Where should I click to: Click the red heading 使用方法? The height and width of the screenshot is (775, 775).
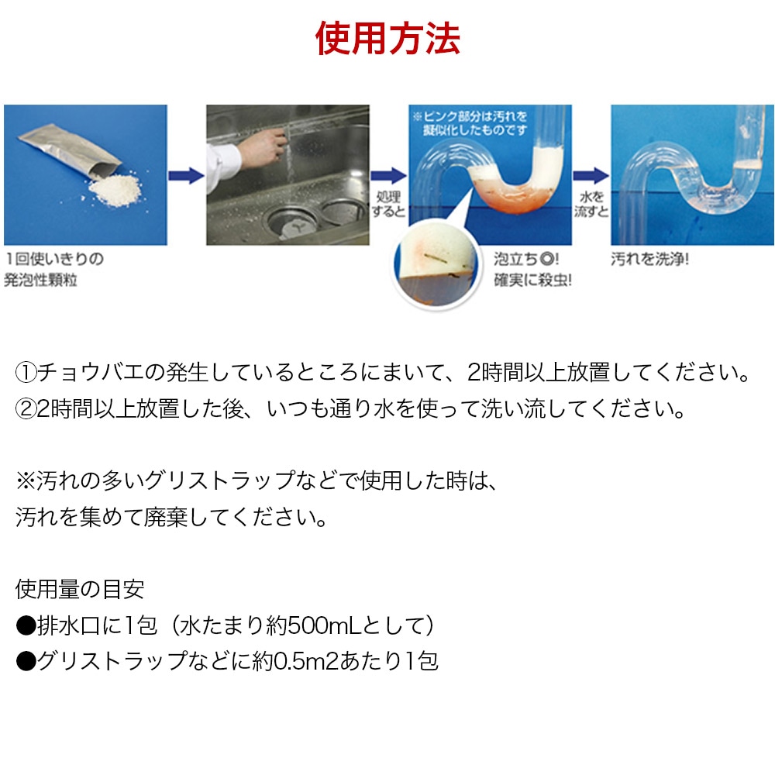[388, 38]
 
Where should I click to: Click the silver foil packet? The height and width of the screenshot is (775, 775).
[69, 151]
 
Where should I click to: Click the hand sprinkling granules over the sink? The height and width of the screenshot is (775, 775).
[262, 147]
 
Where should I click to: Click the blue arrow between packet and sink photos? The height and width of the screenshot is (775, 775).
[186, 176]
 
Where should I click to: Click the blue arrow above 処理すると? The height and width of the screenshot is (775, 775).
[388, 176]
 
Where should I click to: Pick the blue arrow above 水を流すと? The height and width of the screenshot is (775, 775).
[591, 176]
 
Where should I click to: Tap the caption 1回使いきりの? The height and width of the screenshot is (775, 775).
[55, 259]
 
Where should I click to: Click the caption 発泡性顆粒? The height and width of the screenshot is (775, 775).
[41, 281]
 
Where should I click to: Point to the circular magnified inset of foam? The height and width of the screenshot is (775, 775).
[436, 264]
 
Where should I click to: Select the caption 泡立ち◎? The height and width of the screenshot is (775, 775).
[526, 259]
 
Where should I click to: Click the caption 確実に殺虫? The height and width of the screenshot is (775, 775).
[533, 281]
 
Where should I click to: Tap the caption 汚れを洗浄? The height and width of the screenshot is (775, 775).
[650, 259]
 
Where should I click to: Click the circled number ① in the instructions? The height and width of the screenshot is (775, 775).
[26, 373]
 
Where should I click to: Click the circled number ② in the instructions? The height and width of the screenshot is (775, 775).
[26, 409]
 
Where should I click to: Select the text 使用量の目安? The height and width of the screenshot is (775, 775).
[80, 589]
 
